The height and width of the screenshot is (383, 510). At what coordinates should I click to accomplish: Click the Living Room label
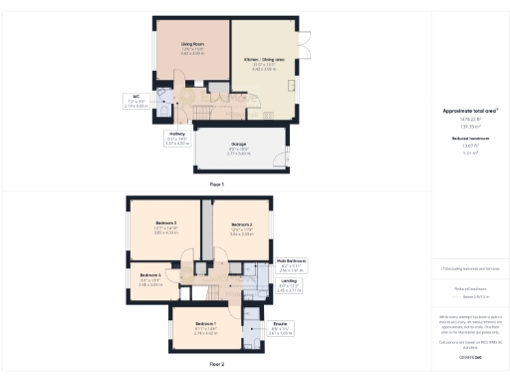(192, 45)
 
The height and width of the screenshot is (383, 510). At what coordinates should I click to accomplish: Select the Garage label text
(237, 143)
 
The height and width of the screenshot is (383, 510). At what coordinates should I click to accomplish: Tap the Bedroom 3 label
(165, 222)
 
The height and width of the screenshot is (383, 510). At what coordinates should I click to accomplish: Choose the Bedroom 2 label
(242, 225)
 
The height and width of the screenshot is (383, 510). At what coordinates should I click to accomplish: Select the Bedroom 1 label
(205, 326)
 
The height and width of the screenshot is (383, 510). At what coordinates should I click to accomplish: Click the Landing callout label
(289, 281)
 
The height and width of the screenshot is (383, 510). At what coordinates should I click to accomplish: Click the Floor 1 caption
(216, 185)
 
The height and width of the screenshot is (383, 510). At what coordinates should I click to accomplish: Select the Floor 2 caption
(216, 364)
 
